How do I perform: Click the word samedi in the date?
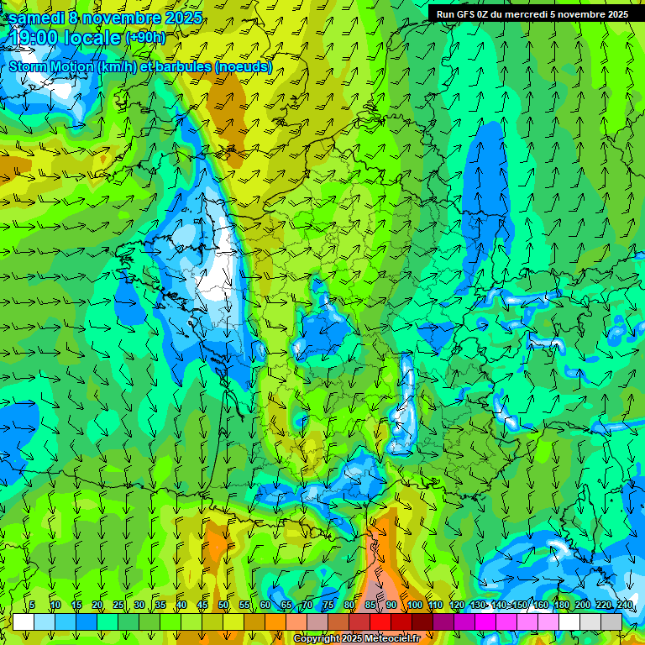[x=37, y=18]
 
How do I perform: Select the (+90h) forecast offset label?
[x=146, y=38]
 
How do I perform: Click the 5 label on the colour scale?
[x=32, y=606]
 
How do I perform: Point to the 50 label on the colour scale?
[x=223, y=606]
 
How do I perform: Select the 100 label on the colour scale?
[x=415, y=606]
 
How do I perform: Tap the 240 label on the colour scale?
[x=624, y=606]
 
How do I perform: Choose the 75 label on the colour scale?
[x=328, y=606]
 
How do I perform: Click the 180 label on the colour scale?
[x=562, y=606]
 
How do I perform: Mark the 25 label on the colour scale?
[x=118, y=606]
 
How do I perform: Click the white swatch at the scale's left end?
[x=24, y=621]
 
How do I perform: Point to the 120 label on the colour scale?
[x=457, y=606]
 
